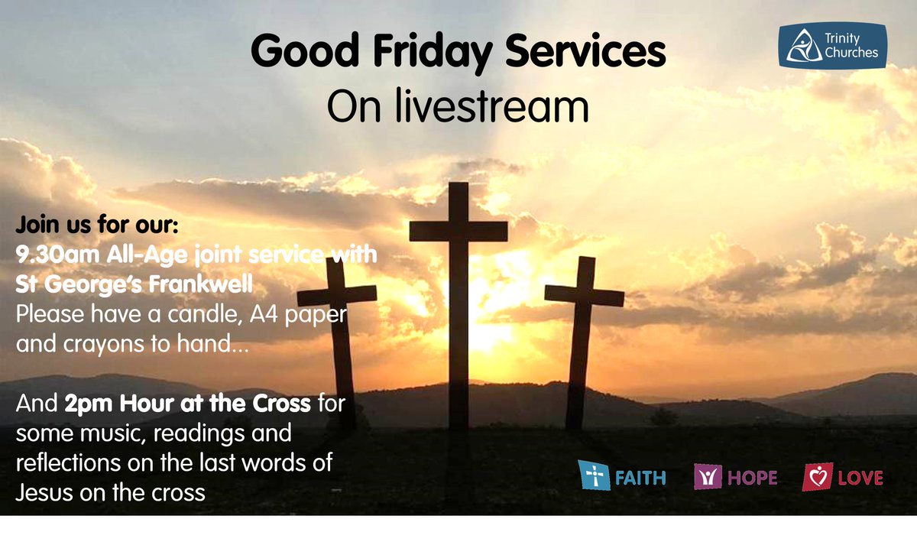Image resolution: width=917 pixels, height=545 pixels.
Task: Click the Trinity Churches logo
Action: pos(832,45)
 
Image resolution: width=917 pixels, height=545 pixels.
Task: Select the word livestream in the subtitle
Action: pos(493,108)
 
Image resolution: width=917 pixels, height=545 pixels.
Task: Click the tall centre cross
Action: pos(458,306)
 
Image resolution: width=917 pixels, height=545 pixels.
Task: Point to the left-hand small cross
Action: pos(337,336)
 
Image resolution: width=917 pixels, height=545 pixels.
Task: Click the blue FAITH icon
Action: pos(590,476)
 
